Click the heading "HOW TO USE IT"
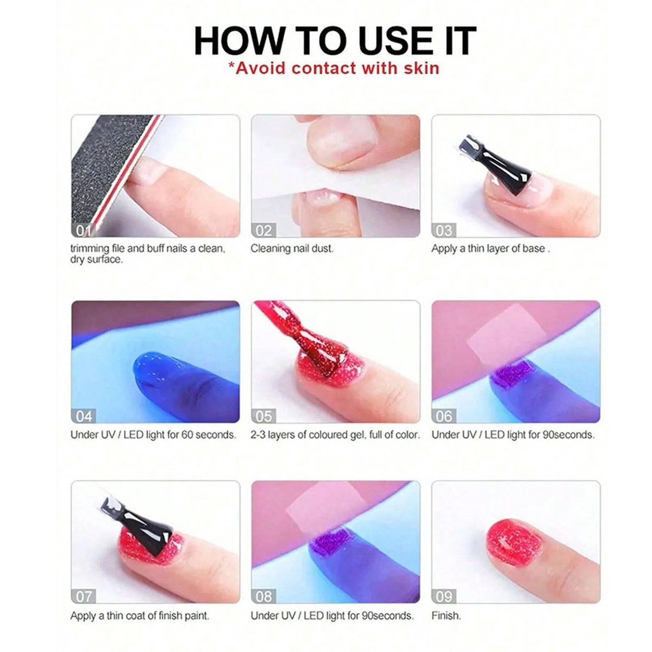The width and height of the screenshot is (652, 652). point(335,40)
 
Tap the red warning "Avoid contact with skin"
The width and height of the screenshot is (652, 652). point(334,68)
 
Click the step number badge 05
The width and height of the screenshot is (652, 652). point(264,416)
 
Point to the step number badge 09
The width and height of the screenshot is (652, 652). point(444,597)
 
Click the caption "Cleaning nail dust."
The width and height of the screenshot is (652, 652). point(292,249)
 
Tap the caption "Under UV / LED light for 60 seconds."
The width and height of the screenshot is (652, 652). point(153,435)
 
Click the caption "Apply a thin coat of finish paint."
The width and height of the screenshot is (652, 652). point(140,616)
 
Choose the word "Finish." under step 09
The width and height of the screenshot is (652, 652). point(446,616)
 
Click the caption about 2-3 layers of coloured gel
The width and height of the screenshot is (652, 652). point(335,435)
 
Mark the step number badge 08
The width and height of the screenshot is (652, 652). point(264,597)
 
